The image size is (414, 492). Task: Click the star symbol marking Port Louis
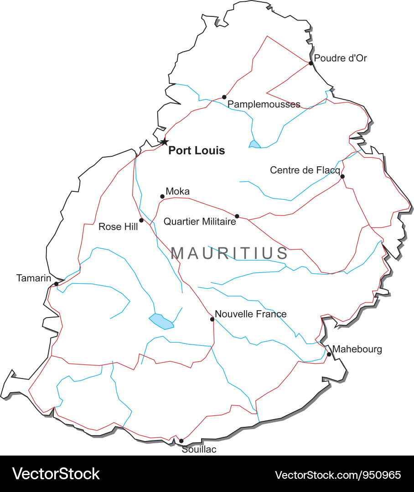pos(164,142)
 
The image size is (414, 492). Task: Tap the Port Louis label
pos(197,151)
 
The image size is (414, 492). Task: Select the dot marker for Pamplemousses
pos(224,97)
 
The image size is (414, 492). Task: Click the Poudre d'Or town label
pos(341,58)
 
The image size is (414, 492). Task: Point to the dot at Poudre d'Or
pos(311,63)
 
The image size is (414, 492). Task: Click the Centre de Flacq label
pos(305,170)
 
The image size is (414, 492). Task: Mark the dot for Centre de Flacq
pos(342,176)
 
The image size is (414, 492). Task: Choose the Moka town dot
pos(162,197)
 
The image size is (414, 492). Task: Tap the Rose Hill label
pos(118,226)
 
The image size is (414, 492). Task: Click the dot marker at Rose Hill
pos(141,220)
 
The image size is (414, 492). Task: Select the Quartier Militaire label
pos(200,222)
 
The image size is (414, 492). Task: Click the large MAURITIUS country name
pos(229,253)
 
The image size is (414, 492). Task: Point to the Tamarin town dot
pos(56,284)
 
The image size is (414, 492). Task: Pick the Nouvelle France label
pos(250,314)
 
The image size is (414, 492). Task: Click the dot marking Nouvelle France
pos(212,319)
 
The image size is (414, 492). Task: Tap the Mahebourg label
pos(357,349)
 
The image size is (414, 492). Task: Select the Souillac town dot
pos(181,441)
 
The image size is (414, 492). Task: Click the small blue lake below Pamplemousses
pos(254,144)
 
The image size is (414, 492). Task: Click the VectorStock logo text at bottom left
pos(56,474)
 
